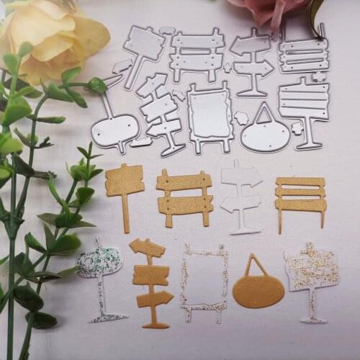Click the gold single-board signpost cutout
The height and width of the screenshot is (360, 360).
click(x=124, y=181)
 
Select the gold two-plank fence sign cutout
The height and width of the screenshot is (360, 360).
click(x=184, y=194)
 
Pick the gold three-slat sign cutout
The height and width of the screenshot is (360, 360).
click(x=300, y=193)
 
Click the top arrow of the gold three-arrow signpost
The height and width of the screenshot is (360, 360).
click(x=147, y=248)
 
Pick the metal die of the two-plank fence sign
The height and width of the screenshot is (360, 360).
click(x=197, y=53)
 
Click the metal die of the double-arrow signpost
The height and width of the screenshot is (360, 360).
click(x=252, y=58)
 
